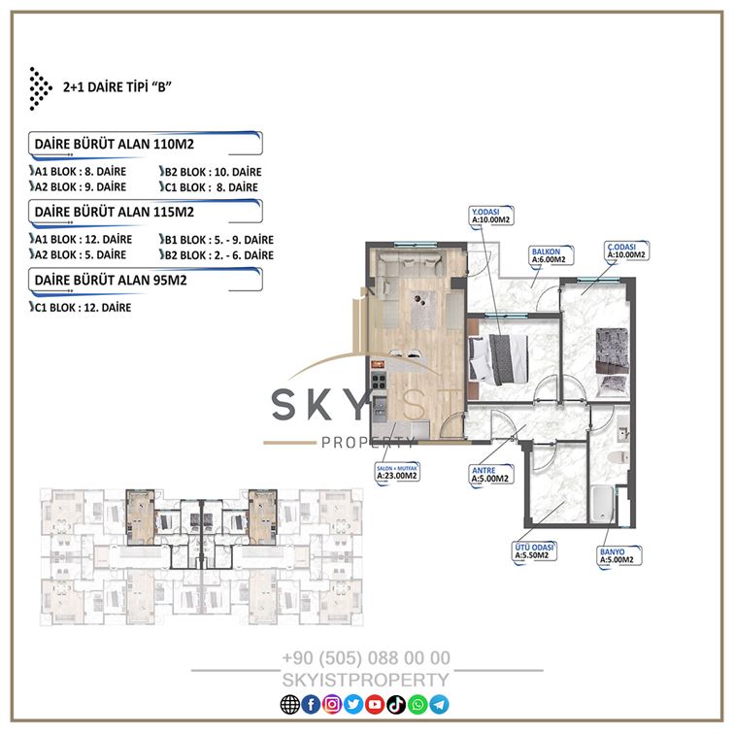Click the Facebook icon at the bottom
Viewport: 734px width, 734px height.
coord(311,705)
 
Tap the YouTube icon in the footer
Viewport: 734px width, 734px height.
coord(375,705)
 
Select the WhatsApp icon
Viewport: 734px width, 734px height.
coord(417,705)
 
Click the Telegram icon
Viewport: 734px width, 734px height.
coord(439,705)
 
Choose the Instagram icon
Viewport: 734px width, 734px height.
coord(332,705)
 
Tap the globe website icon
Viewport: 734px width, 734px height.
coord(289,705)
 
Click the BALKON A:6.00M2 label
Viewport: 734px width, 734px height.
coord(550,255)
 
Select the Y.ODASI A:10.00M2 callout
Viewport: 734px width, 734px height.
coord(491,216)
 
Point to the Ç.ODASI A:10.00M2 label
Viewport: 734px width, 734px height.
coord(626,250)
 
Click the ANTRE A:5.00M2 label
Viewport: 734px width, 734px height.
coord(491,475)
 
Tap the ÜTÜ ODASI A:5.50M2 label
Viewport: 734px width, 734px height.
coord(535,551)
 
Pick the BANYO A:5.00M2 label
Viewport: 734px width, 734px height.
coord(619,556)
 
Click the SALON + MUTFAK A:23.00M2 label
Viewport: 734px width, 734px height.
coord(397,472)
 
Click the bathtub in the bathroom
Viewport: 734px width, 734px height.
coord(603,504)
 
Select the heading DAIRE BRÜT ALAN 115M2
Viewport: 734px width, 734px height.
coord(115,212)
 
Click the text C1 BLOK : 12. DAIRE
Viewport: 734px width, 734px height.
coord(81,308)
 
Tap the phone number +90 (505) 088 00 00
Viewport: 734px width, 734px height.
coord(366,657)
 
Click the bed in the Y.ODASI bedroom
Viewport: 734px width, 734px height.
coord(498,359)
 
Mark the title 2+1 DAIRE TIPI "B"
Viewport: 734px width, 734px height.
coord(117,87)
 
